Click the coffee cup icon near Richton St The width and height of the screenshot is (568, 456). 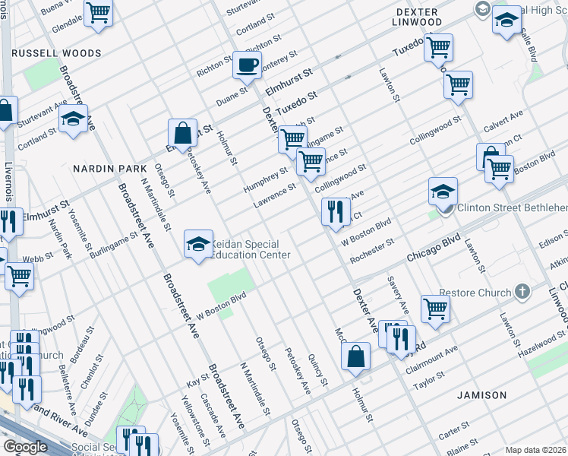(x=247, y=65)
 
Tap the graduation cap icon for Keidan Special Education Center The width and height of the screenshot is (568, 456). (x=198, y=245)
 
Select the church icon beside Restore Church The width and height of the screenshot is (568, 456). (x=522, y=291)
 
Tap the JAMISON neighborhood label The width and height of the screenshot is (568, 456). (x=481, y=395)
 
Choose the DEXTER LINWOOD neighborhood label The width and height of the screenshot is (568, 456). (x=418, y=17)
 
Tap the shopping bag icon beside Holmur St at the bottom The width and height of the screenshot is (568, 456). (x=355, y=357)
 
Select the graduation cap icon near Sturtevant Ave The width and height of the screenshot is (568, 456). (x=73, y=119)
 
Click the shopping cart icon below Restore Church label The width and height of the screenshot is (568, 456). (x=436, y=309)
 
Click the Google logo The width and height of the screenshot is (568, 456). (x=25, y=447)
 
